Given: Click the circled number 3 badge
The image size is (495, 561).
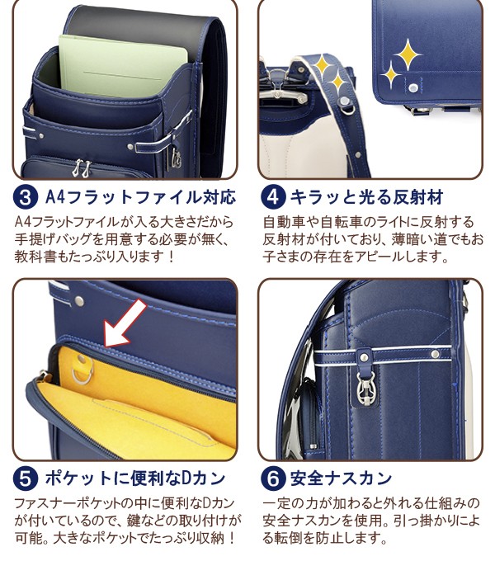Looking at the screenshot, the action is pos(25,197).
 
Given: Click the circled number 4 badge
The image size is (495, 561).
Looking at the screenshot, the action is pos(273,197).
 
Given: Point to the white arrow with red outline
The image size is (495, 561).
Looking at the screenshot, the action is pos(125,323).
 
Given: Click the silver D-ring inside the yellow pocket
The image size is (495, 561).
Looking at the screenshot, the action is pos(82,370).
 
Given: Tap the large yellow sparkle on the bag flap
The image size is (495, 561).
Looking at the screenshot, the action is pos(407,54).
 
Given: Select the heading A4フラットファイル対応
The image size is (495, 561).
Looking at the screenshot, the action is pos(140,197).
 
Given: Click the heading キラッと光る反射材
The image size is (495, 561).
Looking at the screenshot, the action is pos(366,197).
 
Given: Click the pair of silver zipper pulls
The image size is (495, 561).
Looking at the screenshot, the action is pos(82,167).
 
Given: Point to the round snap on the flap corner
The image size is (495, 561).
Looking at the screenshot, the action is pos(414,87).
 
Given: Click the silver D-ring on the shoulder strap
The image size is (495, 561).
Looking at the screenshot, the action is pos(346,106).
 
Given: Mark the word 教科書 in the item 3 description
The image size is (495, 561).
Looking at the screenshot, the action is pos(35,257).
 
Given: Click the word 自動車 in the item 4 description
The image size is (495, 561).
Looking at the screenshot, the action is pos(285,222).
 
